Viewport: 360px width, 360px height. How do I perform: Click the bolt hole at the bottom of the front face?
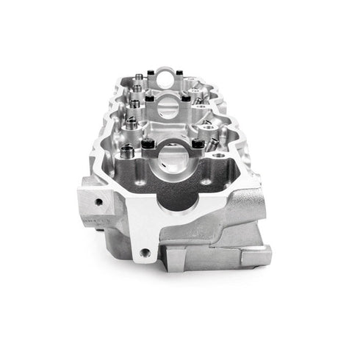(145, 252)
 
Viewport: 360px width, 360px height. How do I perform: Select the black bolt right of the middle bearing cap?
(185, 97)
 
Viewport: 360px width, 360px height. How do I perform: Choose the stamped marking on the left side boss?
(93, 221)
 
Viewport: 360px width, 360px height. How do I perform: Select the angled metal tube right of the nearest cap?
(214, 143)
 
